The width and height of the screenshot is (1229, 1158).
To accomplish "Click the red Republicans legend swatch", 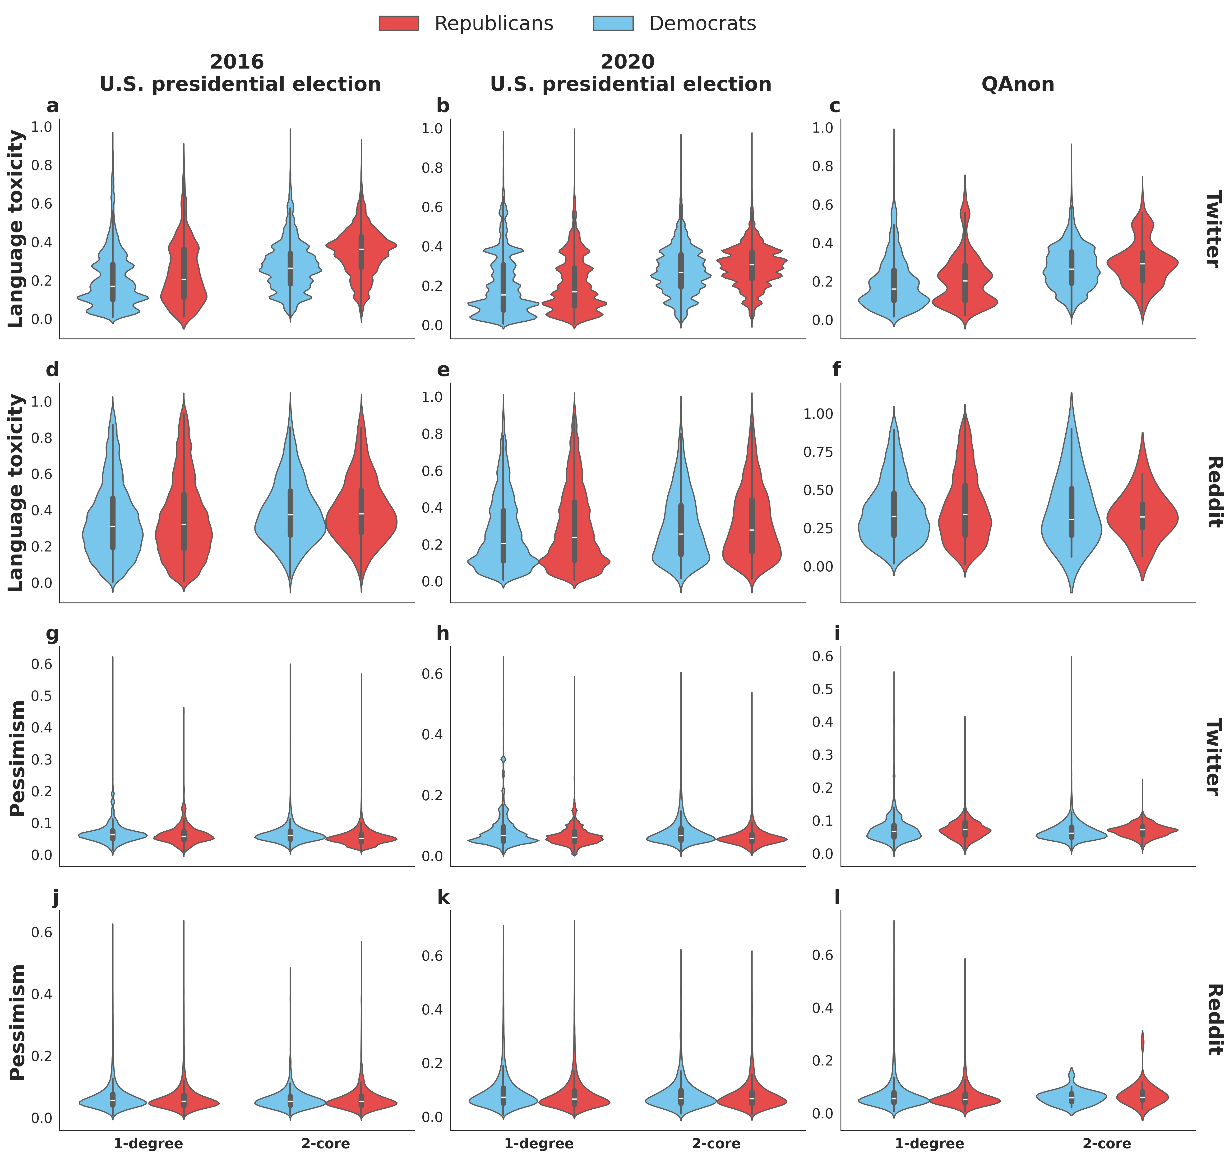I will coord(399,23).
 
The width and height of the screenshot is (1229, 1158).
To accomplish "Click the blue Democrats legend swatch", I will coord(613,23).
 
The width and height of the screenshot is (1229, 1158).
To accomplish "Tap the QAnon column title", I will coord(1018,84).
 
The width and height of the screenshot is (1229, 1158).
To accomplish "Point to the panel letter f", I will coord(836,370).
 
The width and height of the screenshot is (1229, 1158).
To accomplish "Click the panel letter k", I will coord(443,897).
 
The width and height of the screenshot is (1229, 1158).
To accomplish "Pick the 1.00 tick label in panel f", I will coord(818,414).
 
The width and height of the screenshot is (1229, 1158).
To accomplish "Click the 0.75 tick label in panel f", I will coord(818,452).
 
